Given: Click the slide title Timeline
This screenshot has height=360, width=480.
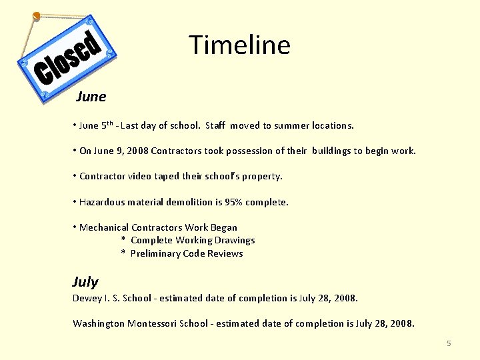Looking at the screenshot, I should pyautogui.click(x=239, y=45).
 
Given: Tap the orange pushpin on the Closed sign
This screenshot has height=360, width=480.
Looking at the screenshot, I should pyautogui.click(x=37, y=15).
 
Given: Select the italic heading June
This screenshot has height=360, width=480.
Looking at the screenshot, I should pyautogui.click(x=91, y=97).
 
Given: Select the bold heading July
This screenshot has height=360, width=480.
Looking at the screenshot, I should pyautogui.click(x=85, y=281).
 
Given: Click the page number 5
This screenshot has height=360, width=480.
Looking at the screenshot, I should pyautogui.click(x=449, y=343).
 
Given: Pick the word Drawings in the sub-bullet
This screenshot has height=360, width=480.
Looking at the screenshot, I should pyautogui.click(x=234, y=240).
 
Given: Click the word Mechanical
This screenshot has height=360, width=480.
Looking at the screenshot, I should pyautogui.click(x=104, y=227).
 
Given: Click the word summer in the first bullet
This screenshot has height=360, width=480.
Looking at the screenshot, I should pyautogui.click(x=299, y=125).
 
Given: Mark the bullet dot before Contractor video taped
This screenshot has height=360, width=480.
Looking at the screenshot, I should pyautogui.click(x=75, y=177).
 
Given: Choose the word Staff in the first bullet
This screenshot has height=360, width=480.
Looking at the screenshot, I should pyautogui.click(x=215, y=125).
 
